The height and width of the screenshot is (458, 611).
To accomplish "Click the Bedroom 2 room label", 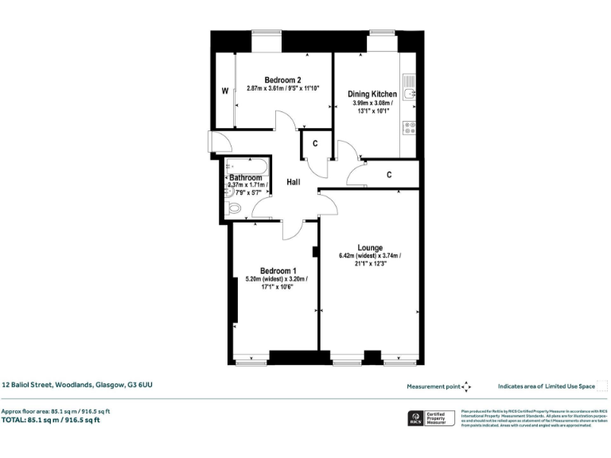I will (282, 80).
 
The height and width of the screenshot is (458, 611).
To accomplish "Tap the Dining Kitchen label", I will (372, 94).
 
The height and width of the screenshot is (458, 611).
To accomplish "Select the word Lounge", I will (370, 246).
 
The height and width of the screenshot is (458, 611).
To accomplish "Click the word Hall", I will (293, 183).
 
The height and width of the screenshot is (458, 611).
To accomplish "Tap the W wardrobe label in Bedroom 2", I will (224, 91).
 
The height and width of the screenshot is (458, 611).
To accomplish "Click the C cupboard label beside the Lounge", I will (388, 175).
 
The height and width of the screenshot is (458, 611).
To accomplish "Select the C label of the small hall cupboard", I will (315, 144).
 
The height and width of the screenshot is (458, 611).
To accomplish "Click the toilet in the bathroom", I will (235, 208).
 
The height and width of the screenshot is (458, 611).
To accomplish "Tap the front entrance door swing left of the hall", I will (220, 142).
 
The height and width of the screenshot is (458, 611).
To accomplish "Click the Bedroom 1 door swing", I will (292, 227).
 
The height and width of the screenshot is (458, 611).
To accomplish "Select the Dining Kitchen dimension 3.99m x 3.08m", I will (372, 103).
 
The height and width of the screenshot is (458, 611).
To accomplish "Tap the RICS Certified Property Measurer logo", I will (430, 418).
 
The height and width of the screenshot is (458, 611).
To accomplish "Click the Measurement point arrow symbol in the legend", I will (467, 386).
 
